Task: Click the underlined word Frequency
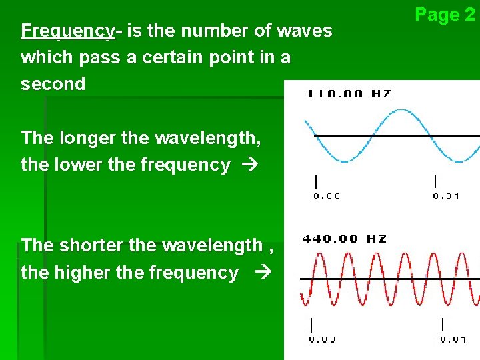[x=67, y=31]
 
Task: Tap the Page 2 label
[x=445, y=14]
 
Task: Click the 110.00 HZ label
[x=348, y=93]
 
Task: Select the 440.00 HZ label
[x=344, y=239]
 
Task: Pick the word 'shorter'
[x=91, y=245]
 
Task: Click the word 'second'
[x=53, y=84]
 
